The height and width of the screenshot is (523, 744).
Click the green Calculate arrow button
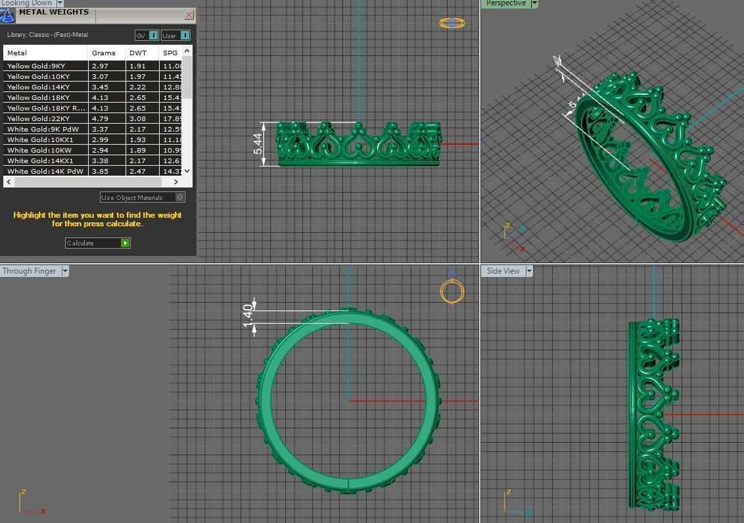(x=126, y=243)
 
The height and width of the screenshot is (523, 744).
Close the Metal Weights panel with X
(x=189, y=14)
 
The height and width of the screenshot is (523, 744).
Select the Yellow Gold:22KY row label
(x=38, y=118)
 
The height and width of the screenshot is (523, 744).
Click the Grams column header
(x=104, y=53)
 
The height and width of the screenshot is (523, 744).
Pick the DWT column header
(x=138, y=53)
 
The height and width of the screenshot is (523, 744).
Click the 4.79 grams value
(x=100, y=118)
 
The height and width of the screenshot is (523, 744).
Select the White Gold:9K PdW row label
(x=43, y=129)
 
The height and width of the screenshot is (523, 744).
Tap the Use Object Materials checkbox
(x=180, y=197)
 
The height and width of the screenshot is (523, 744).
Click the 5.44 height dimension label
(x=258, y=144)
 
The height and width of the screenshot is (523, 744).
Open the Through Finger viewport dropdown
(x=64, y=271)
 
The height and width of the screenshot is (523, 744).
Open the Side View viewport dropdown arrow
(x=528, y=271)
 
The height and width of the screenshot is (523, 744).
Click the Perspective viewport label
(x=506, y=3)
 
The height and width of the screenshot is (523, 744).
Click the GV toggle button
(x=147, y=36)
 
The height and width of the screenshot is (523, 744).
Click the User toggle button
(x=175, y=36)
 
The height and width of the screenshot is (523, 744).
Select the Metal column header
(x=17, y=53)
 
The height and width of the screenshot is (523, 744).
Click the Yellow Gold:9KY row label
(x=36, y=66)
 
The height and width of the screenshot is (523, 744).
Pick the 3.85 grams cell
(x=100, y=171)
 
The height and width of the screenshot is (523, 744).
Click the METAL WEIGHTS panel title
(x=54, y=12)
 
